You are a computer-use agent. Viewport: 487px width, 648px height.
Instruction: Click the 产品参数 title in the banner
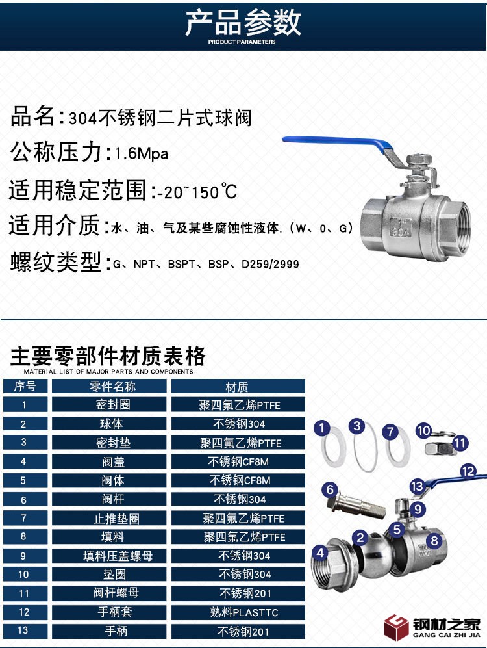pyautogui.click(x=243, y=23)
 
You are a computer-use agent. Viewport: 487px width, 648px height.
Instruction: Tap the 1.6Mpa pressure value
pyautogui.click(x=142, y=154)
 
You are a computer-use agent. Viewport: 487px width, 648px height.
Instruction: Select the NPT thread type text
pyautogui.click(x=144, y=264)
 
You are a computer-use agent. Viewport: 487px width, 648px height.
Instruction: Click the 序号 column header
pyautogui.click(x=25, y=387)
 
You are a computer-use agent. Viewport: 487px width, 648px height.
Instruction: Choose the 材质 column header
pyautogui.click(x=238, y=387)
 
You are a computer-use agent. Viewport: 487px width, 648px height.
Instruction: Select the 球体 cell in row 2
pyautogui.click(x=109, y=424)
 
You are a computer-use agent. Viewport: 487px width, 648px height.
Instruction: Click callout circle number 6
pyautogui.click(x=330, y=489)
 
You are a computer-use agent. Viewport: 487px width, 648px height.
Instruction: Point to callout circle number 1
pyautogui.click(x=322, y=428)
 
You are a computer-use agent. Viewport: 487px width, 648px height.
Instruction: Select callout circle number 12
pyautogui.click(x=468, y=471)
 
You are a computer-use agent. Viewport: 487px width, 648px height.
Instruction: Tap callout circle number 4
pyautogui.click(x=321, y=552)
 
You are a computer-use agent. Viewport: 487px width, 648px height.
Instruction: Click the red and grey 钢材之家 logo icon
pyautogui.click(x=397, y=627)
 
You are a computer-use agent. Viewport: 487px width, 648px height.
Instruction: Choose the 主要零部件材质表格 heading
pyautogui.click(x=108, y=356)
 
